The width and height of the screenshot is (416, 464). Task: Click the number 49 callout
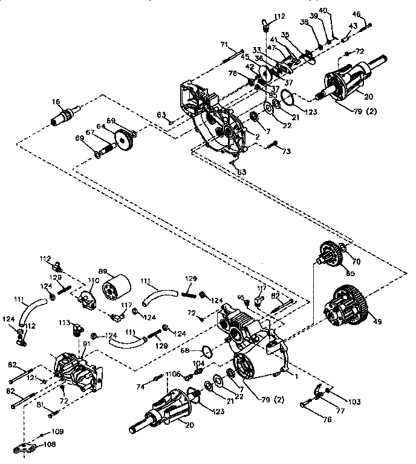(378, 322)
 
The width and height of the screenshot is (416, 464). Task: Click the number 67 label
(89, 133)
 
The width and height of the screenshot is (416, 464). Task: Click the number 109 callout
(57, 432)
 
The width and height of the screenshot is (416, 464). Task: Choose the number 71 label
(223, 45)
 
